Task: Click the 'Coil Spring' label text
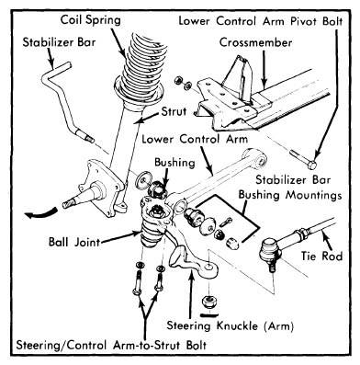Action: click(x=91, y=20)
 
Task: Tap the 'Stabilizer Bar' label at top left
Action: click(x=59, y=42)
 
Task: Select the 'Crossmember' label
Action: click(x=255, y=42)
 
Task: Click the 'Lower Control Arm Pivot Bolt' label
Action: click(x=261, y=21)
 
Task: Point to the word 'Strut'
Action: click(x=174, y=111)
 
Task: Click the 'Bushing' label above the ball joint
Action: click(x=174, y=163)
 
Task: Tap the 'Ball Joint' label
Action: click(x=74, y=242)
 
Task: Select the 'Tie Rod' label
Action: click(x=321, y=256)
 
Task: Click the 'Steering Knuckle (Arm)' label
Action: click(x=230, y=325)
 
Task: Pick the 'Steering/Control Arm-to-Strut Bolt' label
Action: click(x=111, y=345)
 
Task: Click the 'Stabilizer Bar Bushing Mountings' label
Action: click(x=290, y=188)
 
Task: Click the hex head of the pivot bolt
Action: click(x=311, y=165)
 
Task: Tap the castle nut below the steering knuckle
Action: click(x=209, y=302)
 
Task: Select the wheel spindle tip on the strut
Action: click(x=67, y=203)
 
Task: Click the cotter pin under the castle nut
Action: click(x=209, y=314)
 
